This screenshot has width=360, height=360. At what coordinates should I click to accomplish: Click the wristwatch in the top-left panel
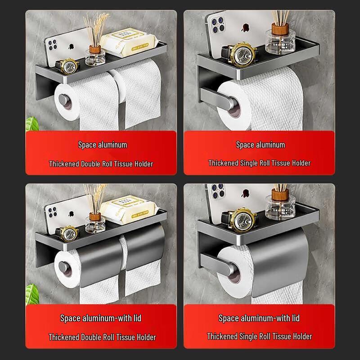coord(69,67)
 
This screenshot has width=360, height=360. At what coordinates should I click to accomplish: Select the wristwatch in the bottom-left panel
coord(69,233)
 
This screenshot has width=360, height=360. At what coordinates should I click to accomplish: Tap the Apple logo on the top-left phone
coord(72,46)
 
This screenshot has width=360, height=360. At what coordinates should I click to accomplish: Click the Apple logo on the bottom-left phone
coord(72,211)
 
